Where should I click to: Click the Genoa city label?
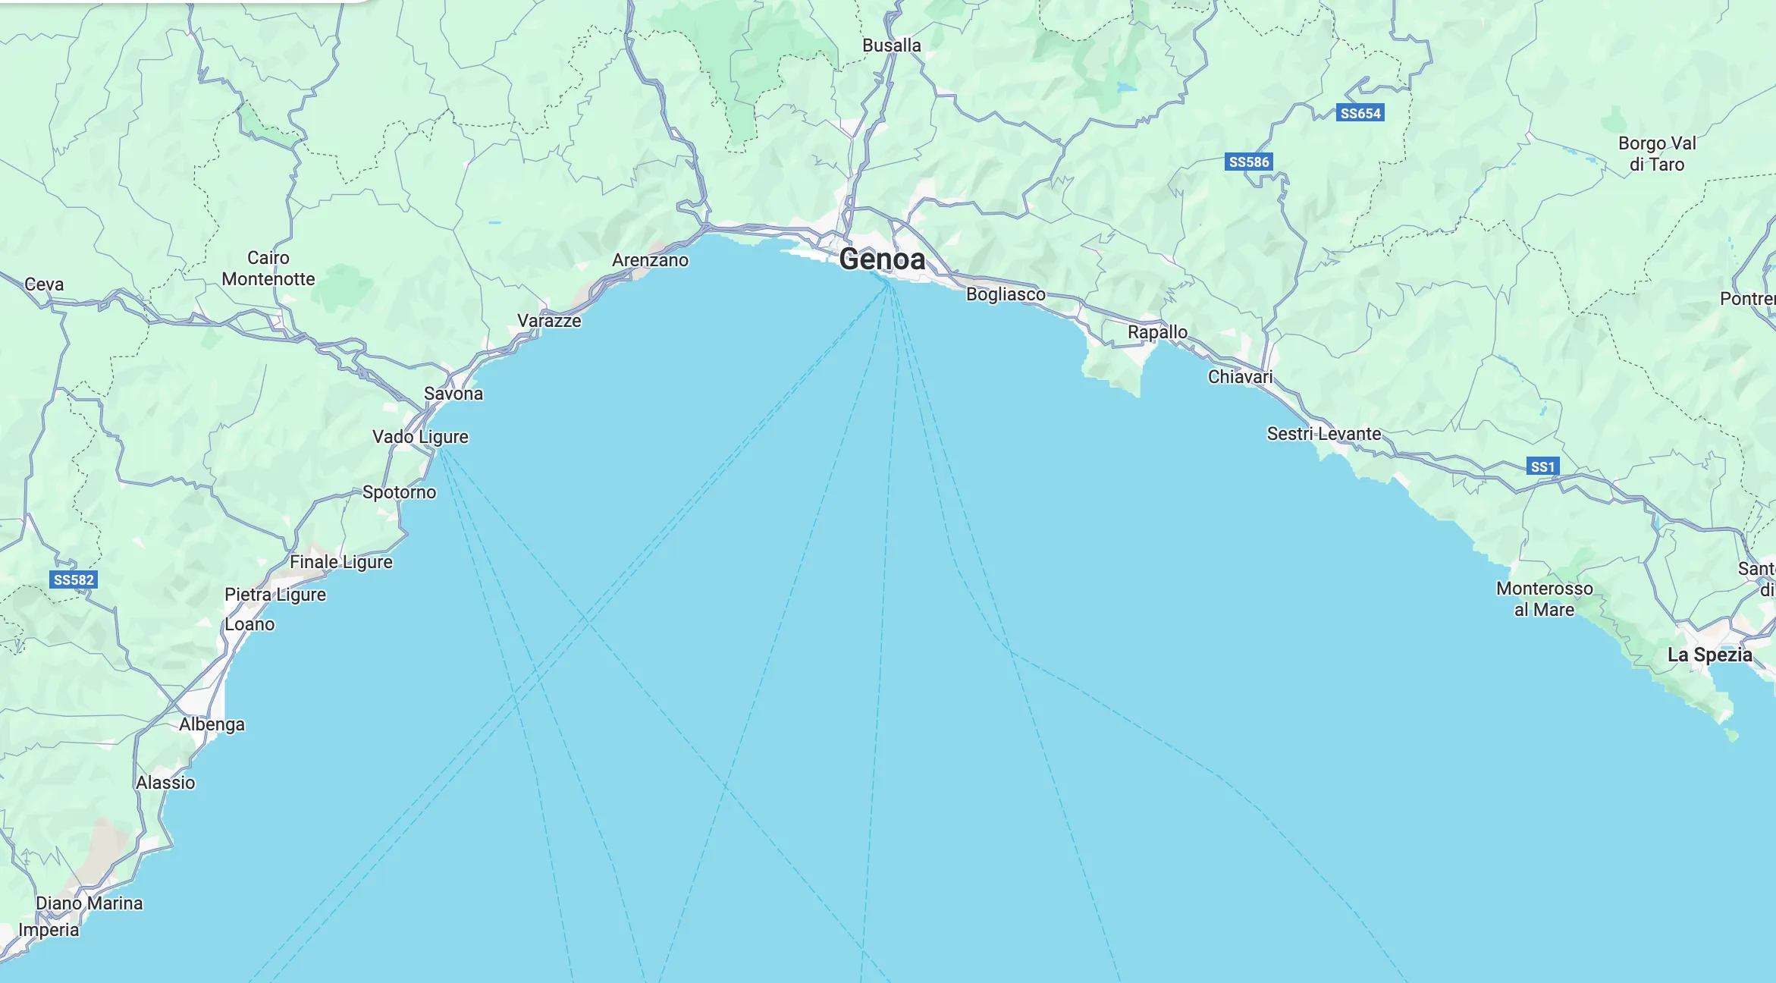point(882,259)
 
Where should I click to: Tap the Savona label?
point(453,394)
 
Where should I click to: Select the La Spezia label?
point(1709,655)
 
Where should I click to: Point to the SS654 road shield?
point(1360,114)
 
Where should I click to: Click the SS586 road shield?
point(1248,162)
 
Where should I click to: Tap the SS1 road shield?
point(1542,466)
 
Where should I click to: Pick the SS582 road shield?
point(74,580)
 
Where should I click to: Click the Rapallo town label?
point(1157,332)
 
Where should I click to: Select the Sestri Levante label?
point(1324,434)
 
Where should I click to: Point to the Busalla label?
point(891,46)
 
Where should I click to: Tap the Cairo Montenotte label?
point(268,269)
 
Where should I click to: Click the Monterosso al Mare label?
point(1544,599)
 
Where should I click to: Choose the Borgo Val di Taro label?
point(1657,154)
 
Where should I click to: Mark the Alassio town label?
point(165,783)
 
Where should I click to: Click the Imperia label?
point(49,930)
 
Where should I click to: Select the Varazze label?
point(549,321)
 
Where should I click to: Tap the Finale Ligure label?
point(341,562)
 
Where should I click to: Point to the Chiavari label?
point(1240,377)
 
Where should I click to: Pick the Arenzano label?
point(650,260)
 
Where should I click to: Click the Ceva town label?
point(44,284)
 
